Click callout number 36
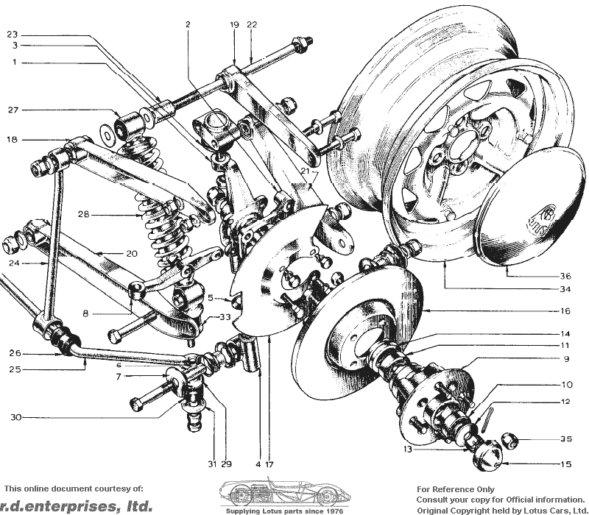coord(565,277)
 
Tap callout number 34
coord(565,289)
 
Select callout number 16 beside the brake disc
coord(565,310)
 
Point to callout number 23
coord(12,35)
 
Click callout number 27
coord(13,110)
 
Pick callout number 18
coord(12,140)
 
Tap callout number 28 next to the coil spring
coord(83,214)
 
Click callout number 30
coord(15,417)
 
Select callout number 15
coord(566,464)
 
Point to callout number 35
coord(566,439)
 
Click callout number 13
coord(408,449)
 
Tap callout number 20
coord(132,254)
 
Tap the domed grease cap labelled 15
coord(487,455)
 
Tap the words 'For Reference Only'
coord(456,489)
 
